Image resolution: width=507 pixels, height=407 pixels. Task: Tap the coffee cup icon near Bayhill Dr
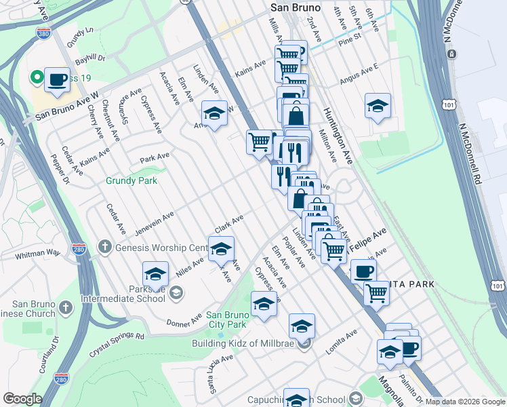pyautogui.click(x=57, y=80)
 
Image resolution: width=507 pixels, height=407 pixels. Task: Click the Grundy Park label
pyautogui.click(x=131, y=180)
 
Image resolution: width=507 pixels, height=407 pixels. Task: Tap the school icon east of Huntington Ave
pyautogui.click(x=378, y=106)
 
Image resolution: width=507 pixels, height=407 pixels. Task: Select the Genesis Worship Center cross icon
pyautogui.click(x=103, y=246)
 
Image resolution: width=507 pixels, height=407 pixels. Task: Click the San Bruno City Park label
pyautogui.click(x=234, y=319)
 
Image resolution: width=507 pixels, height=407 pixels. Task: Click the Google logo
pyautogui.click(x=22, y=399)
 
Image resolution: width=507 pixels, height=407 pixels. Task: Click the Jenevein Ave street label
pyautogui.click(x=154, y=222)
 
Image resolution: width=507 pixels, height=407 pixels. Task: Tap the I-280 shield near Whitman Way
pyautogui.click(x=79, y=249)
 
